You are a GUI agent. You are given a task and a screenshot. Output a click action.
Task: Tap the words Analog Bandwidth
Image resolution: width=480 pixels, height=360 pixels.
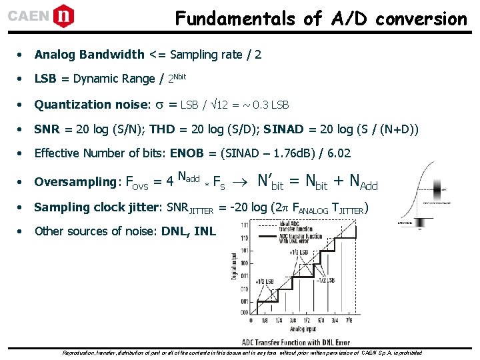pos(89,54)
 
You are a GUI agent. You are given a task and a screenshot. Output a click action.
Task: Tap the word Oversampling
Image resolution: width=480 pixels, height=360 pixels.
pos(75,181)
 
